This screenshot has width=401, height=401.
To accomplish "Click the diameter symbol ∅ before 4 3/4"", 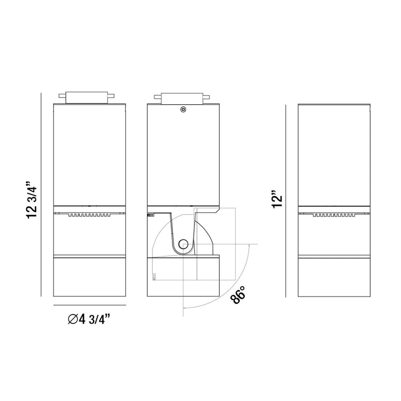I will (x=73, y=319).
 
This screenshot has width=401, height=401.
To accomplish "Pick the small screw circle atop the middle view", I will (x=183, y=109).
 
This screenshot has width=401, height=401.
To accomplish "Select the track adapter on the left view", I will (x=87, y=97).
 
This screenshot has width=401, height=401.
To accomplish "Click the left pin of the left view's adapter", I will (x=62, y=96).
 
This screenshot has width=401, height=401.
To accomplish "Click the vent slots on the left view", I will (x=89, y=215).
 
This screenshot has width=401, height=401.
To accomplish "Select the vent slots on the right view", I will (x=334, y=215).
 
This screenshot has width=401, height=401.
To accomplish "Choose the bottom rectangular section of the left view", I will (x=90, y=277).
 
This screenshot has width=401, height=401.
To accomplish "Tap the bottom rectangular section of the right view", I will (x=334, y=277).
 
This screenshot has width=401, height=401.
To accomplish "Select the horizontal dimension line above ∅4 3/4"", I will (x=90, y=305).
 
